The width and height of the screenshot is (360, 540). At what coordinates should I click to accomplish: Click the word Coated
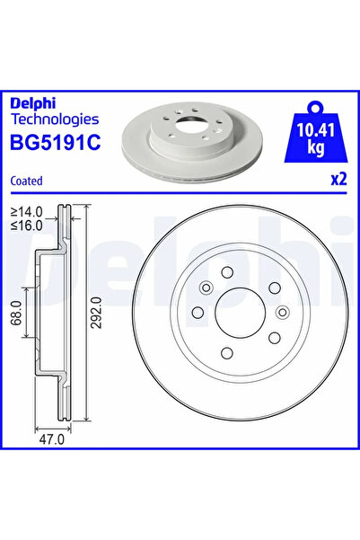click(x=26, y=180)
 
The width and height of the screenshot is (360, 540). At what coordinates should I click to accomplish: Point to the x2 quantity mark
click(x=338, y=179)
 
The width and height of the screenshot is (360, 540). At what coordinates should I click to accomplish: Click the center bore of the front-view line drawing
click(x=239, y=312)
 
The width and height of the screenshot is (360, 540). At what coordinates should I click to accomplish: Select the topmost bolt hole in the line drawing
click(x=227, y=273)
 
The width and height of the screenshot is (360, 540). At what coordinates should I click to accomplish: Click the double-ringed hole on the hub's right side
click(x=281, y=313)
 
